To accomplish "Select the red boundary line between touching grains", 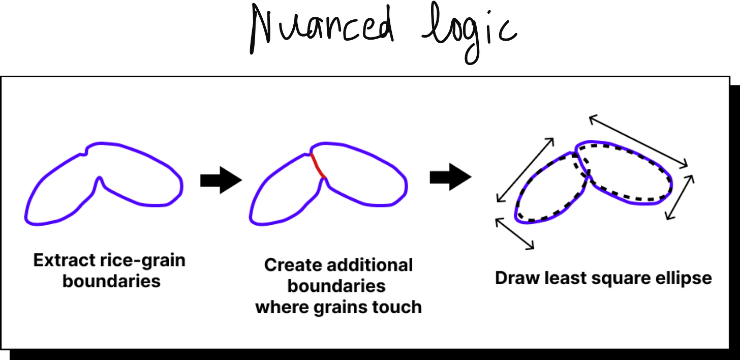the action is coord(317,165).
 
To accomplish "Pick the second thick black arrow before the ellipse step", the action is coord(450,177).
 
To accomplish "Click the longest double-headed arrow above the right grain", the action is coord(638,141).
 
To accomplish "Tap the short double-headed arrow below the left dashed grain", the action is coord(514,233).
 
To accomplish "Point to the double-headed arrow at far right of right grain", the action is coord(680,197).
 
